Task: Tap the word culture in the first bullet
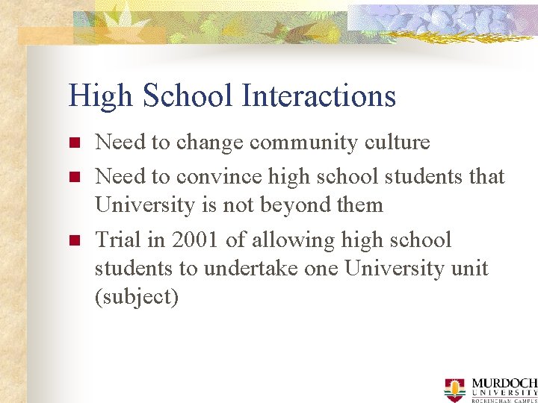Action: click(393, 143)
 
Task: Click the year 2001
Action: click(195, 240)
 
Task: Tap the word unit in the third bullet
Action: click(470, 269)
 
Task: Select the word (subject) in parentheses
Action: click(137, 297)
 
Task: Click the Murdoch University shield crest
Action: click(454, 388)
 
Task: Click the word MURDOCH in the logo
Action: click(504, 383)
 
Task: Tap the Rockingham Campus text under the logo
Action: click(504, 399)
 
